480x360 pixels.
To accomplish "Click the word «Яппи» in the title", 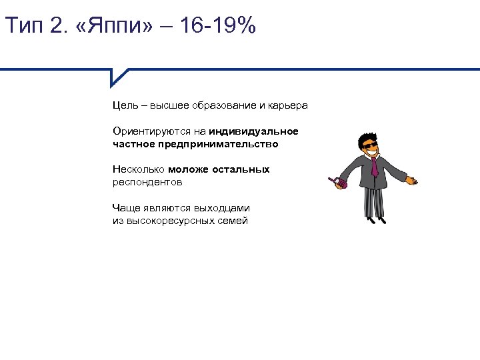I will click(x=121, y=27).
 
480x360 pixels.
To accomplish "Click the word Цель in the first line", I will click(x=125, y=105).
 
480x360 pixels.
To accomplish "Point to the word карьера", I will click(x=289, y=105).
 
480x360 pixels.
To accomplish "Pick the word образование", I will click(x=224, y=105).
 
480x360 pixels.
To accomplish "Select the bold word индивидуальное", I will click(x=253, y=131).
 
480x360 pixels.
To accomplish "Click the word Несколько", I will click(x=138, y=169).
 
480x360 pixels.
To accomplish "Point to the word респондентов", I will click(x=147, y=181).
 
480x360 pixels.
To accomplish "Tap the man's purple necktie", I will click(x=374, y=166).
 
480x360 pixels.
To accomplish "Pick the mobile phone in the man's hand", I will click(x=335, y=181).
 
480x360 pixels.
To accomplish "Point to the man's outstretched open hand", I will click(x=412, y=179).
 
